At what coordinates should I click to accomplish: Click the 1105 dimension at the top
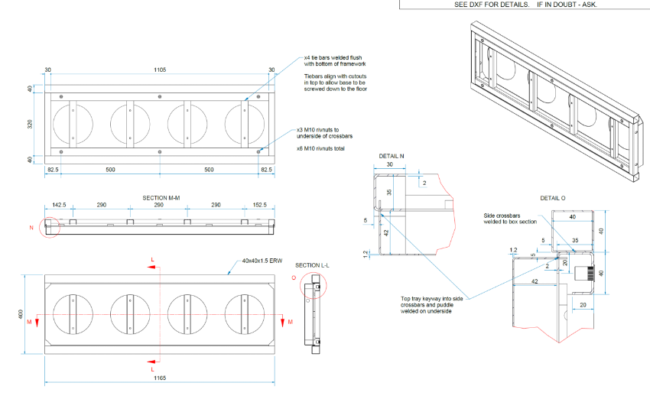159,70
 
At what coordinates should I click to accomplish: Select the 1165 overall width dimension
159,378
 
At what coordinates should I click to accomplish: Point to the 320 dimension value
31,123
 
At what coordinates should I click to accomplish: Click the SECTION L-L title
312,265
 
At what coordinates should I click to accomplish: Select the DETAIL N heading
392,156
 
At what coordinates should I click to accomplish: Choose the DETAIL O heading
553,198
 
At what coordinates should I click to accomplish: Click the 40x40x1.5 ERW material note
262,261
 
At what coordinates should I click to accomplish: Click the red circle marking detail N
51,227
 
